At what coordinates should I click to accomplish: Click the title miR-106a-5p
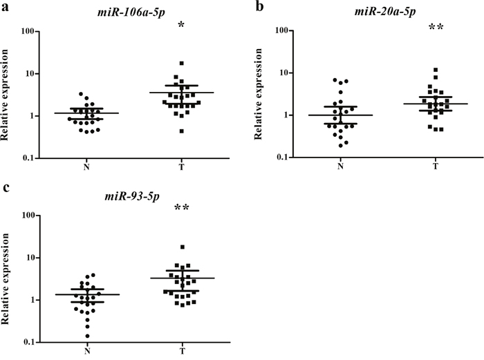pyautogui.click(x=131, y=12)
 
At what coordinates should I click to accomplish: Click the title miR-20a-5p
pyautogui.click(x=384, y=11)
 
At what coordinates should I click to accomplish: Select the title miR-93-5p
pyautogui.click(x=132, y=196)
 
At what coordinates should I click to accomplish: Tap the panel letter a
pyautogui.click(x=5, y=7)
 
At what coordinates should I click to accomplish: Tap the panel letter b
pyautogui.click(x=260, y=6)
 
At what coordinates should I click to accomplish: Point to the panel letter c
pyautogui.click(x=5, y=187)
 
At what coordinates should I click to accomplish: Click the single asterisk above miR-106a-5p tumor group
pyautogui.click(x=181, y=25)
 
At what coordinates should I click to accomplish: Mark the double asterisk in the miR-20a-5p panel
pyautogui.click(x=436, y=27)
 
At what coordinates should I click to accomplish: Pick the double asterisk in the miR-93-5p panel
pyautogui.click(x=181, y=207)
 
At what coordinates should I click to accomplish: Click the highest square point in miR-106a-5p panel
pyautogui.click(x=181, y=64)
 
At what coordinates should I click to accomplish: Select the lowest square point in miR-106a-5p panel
pyautogui.click(x=181, y=131)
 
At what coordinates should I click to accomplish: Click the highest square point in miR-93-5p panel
pyautogui.click(x=183, y=247)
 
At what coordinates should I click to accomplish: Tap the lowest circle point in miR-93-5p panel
pyautogui.click(x=87, y=336)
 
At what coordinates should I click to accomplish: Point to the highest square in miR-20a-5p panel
pyautogui.click(x=436, y=70)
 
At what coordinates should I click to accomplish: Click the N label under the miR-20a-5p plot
pyautogui.click(x=340, y=167)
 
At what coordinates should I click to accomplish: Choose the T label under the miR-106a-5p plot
pyautogui.click(x=181, y=167)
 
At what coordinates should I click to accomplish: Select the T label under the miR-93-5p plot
pyautogui.click(x=182, y=351)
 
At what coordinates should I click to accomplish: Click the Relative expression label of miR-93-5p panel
pyautogui.click(x=6, y=278)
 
